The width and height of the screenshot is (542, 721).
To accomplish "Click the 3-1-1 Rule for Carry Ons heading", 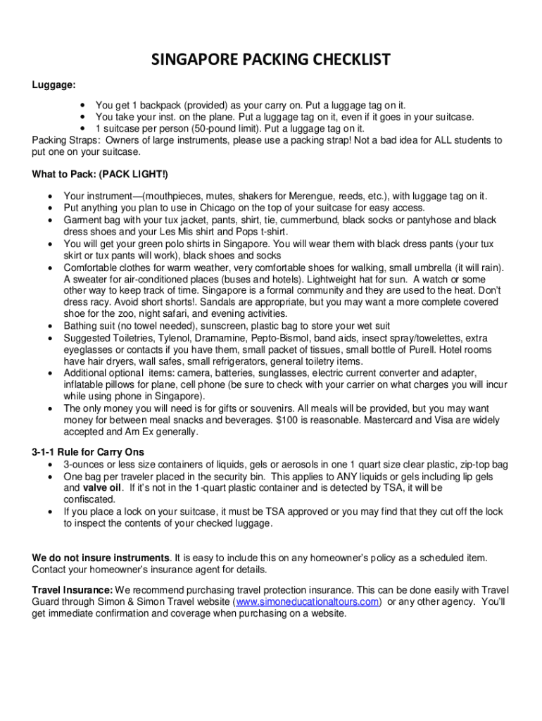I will [88, 452].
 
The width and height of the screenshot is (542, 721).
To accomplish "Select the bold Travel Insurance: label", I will [72, 590].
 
